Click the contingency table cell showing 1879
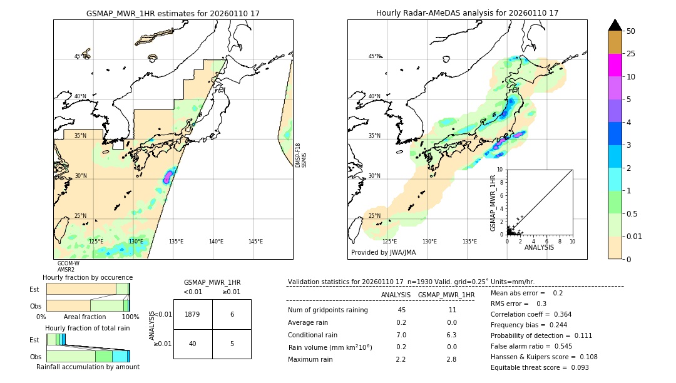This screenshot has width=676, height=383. pyautogui.click(x=193, y=314)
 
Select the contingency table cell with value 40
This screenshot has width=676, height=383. pyautogui.click(x=193, y=344)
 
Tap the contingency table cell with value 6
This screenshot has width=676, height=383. pyautogui.click(x=232, y=314)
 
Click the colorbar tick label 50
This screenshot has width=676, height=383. pyautogui.click(x=632, y=31)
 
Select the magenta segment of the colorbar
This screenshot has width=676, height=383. pyautogui.click(x=615, y=65)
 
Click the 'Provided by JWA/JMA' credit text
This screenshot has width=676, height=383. pyautogui.click(x=383, y=252)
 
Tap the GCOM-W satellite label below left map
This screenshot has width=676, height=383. pyautogui.click(x=68, y=263)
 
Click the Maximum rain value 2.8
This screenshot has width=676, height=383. pyautogui.click(x=451, y=359)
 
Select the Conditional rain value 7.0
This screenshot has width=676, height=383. pyautogui.click(x=401, y=335)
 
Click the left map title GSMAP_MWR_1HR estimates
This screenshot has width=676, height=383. pyautogui.click(x=173, y=13)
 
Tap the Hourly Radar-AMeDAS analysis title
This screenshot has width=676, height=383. pyautogui.click(x=467, y=13)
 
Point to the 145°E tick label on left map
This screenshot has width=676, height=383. pyautogui.click(x=255, y=242)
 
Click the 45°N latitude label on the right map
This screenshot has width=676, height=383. pyautogui.click(x=374, y=56)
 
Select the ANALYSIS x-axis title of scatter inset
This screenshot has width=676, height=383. pyautogui.click(x=538, y=247)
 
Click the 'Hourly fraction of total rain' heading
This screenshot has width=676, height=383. pyautogui.click(x=87, y=328)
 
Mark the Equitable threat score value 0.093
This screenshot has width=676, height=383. pyautogui.click(x=576, y=367)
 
